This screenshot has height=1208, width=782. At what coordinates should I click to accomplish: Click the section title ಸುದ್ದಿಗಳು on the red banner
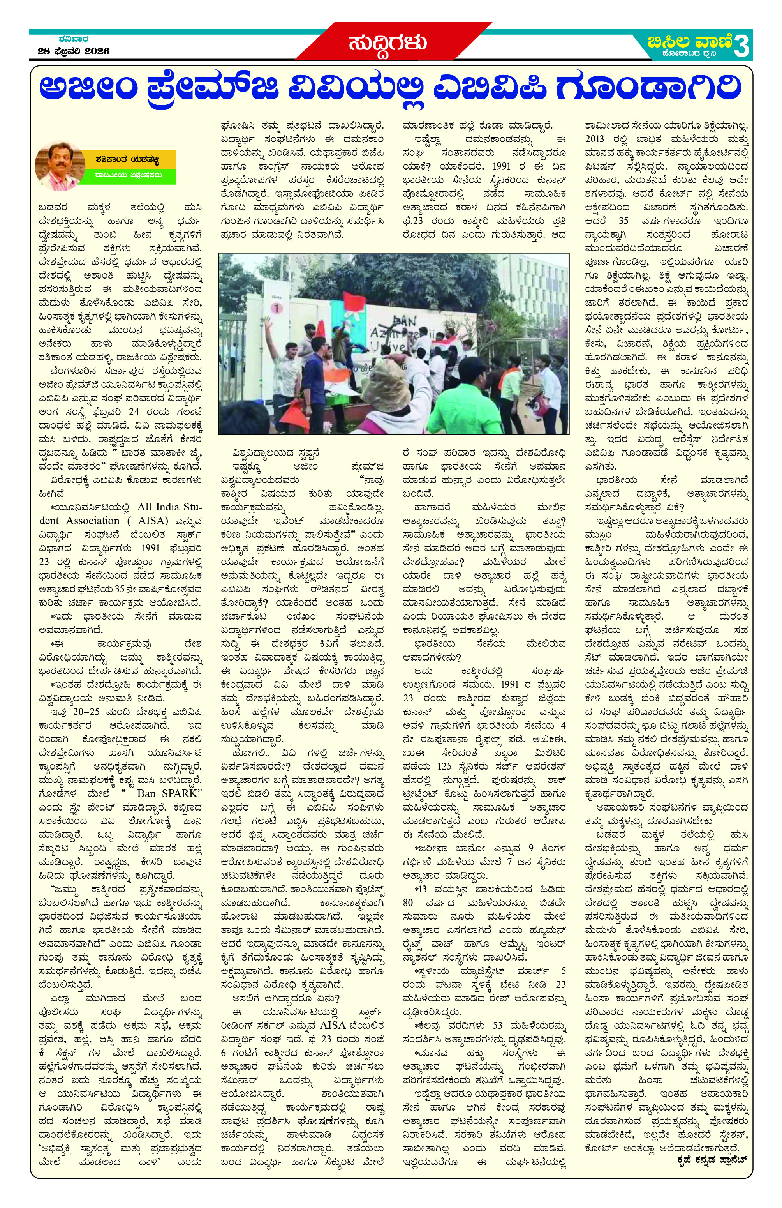(386, 43)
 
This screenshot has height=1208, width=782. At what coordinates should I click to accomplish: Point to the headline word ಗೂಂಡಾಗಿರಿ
(648, 88)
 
